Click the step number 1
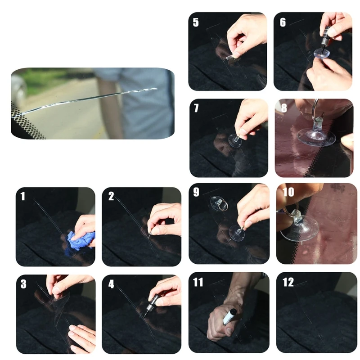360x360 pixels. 22,196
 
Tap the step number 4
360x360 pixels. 111,284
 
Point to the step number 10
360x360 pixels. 288,193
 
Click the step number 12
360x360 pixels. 288,282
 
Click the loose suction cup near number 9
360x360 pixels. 219,204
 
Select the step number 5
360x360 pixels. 196,22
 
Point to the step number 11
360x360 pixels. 198,282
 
